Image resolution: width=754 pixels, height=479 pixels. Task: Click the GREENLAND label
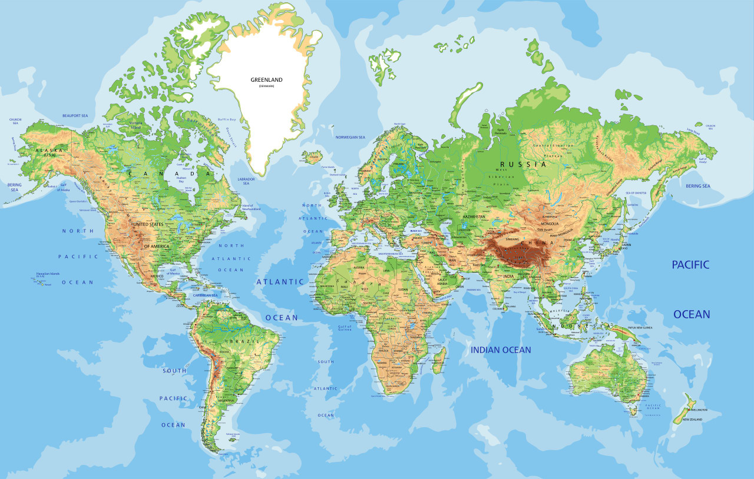coord(267,80)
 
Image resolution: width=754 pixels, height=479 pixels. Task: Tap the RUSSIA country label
coord(523,165)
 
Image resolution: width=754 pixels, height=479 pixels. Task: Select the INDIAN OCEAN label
coord(501,350)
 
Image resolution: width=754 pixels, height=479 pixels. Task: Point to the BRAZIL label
coord(244,342)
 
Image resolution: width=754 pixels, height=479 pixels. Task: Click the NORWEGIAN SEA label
coord(350,137)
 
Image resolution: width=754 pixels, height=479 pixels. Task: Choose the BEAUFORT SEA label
coord(75,116)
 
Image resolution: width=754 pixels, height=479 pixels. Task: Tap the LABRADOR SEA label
coord(246,180)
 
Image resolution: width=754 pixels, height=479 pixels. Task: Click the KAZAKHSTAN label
coord(474,217)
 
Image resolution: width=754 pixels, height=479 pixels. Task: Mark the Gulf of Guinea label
coord(345,328)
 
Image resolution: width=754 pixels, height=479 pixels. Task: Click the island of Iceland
coord(313,157)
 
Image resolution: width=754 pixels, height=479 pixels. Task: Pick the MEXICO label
coord(157,276)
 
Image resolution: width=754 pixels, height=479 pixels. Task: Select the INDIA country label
coord(508,276)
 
